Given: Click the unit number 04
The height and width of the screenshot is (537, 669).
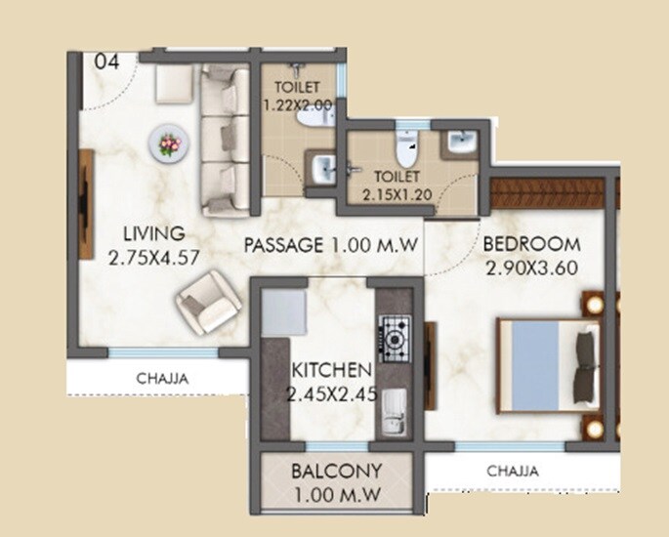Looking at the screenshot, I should click(107, 62).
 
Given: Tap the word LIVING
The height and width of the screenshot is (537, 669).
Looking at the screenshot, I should click(153, 234).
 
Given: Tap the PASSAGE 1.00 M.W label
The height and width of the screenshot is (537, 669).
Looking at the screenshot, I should click(332, 244).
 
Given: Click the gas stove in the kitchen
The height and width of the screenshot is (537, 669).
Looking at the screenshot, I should click(395, 339).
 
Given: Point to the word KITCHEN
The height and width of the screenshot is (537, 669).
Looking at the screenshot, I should click(331, 371).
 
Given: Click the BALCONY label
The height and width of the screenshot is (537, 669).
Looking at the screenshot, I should click(336, 472).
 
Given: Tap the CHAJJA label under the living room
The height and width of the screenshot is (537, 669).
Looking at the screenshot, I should click(162, 377).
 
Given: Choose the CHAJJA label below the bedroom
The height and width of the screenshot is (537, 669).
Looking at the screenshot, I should click(513, 472).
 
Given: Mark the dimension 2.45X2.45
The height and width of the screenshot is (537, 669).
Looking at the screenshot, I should click(331, 394).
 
